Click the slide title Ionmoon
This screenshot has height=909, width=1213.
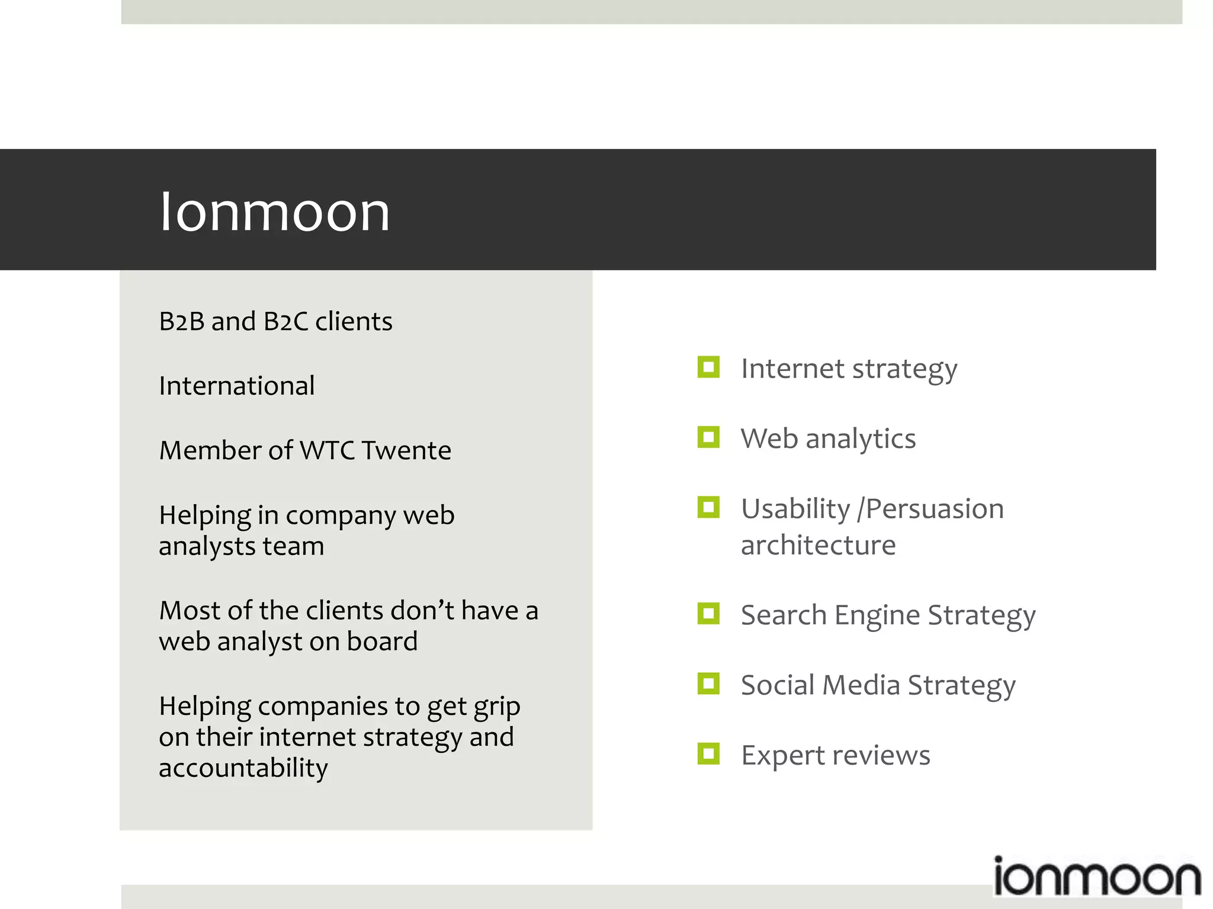tap(275, 212)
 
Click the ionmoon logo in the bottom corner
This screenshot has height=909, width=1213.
tap(1096, 878)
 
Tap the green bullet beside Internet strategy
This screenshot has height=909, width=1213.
tap(708, 367)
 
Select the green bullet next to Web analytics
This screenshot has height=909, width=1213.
tap(708, 437)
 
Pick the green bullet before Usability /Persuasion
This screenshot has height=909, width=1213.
tap(708, 507)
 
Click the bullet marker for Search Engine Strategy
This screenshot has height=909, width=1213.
tap(708, 614)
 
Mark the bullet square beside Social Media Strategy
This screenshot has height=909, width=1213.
tap(708, 684)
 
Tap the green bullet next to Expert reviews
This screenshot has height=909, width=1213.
tap(708, 754)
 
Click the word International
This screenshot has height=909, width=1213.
tap(236, 386)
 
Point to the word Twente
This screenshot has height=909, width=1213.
tap(406, 450)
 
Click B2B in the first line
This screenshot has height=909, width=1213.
tap(181, 321)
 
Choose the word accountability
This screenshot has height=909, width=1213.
tap(243, 768)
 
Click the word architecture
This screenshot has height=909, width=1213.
tap(818, 545)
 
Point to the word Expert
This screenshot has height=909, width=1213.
tap(783, 756)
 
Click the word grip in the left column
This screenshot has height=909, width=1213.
tap(496, 707)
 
